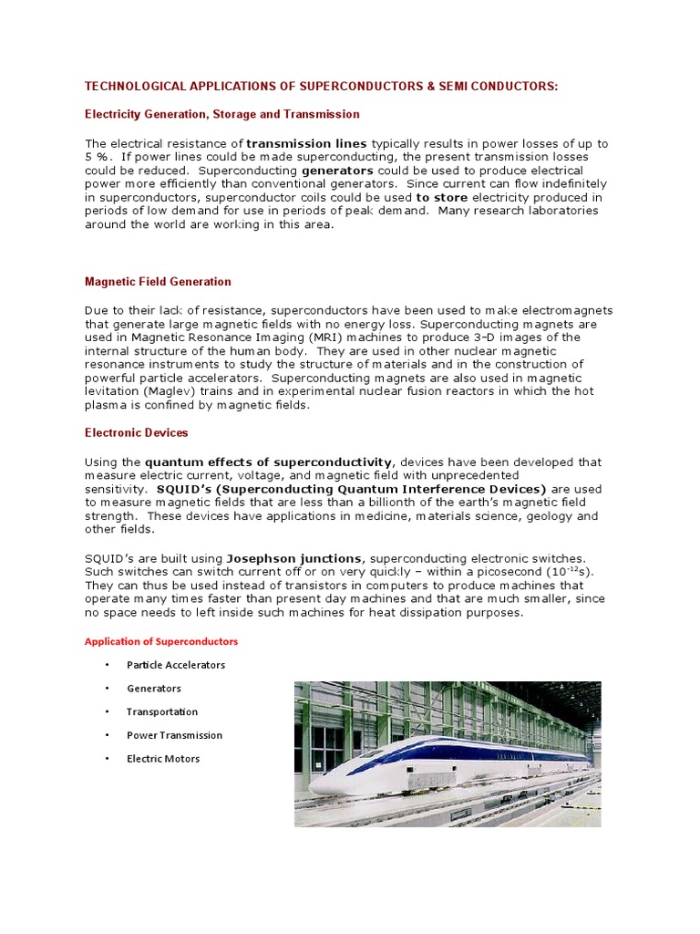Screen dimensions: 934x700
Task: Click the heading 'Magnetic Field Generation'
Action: coord(158,282)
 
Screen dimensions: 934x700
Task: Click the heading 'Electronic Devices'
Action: coord(137,432)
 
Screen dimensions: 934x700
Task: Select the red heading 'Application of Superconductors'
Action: coord(161,641)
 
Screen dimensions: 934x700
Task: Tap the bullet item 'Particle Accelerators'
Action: coord(176,665)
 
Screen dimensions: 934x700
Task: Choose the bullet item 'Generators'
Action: coord(154,689)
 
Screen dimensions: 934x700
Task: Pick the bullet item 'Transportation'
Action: coord(162,711)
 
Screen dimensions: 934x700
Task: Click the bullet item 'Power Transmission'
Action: coord(174,735)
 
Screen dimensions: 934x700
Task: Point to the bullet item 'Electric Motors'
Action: coord(163,759)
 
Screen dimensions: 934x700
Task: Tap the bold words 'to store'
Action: coord(442,197)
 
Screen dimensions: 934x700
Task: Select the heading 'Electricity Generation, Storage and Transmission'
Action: coord(221,114)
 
